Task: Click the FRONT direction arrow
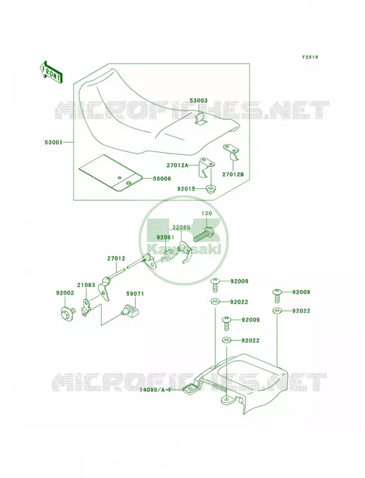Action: coord(51,72)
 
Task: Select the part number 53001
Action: coord(53,142)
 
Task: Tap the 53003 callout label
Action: coord(199,100)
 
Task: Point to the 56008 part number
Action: coord(162,179)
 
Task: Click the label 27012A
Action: coord(177,166)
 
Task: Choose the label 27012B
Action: coord(233,174)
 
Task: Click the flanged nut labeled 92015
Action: coord(210,189)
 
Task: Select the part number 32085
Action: coord(181,228)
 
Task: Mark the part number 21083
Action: coord(86,285)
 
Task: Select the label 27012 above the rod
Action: coord(116,259)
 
